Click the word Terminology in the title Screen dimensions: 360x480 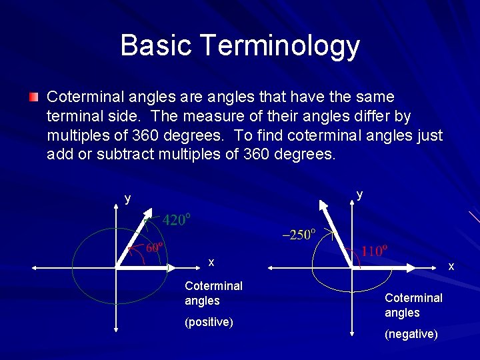(x=279, y=46)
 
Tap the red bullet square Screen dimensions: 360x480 (x=33, y=97)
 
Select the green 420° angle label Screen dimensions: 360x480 (x=178, y=220)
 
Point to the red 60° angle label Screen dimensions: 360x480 (x=155, y=247)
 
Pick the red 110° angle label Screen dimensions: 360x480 (x=374, y=251)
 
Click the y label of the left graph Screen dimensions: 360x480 (x=127, y=199)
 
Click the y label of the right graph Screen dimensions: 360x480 (x=359, y=194)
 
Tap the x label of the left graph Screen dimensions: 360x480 (x=211, y=263)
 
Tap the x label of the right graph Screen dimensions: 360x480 (x=451, y=267)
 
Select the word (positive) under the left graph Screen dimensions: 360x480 (x=209, y=323)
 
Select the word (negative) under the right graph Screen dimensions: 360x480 (x=411, y=334)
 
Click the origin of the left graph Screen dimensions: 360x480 (x=116, y=267)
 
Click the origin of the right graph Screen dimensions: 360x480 (x=351, y=267)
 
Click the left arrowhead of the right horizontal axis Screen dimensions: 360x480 (x=270, y=267)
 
